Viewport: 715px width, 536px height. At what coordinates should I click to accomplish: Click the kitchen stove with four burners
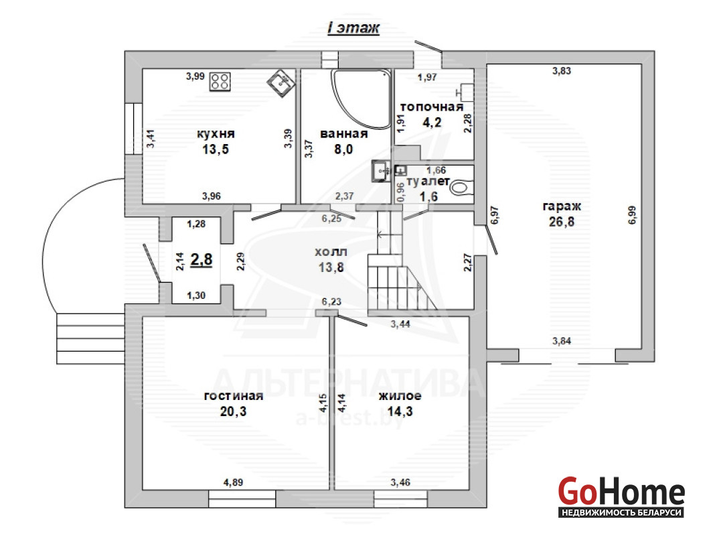tap(220, 81)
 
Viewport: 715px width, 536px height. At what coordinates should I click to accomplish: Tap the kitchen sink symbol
tap(281, 84)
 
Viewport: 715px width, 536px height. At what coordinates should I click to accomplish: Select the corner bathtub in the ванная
tap(361, 98)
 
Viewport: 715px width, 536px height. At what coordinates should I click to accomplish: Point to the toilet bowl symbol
tap(461, 188)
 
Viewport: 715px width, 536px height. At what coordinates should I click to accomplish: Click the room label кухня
tap(216, 133)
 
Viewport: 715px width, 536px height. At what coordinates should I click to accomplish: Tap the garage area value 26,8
tap(561, 222)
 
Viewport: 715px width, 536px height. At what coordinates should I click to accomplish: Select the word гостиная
tap(234, 395)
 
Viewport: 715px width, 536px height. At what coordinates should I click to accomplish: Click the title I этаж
tap(353, 28)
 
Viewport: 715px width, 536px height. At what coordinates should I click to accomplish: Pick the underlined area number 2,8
tap(202, 259)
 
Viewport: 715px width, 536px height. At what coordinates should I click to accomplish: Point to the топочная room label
tap(431, 107)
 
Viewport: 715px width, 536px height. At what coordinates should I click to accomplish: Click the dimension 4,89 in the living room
tap(233, 482)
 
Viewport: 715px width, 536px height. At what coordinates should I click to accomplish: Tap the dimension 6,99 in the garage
tap(632, 215)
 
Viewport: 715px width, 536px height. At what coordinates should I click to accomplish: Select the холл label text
tap(331, 251)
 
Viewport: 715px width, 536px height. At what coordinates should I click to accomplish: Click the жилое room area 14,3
tap(400, 411)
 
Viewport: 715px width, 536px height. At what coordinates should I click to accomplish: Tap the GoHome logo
tap(621, 496)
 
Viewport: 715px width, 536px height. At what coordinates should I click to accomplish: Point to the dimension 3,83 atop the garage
tap(561, 71)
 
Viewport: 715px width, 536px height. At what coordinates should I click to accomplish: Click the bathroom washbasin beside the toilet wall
tap(380, 171)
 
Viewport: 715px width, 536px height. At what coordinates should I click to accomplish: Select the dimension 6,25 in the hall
tap(331, 218)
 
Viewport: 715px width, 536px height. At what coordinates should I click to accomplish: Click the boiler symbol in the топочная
tap(465, 92)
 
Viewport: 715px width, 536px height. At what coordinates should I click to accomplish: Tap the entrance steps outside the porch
tap(90, 338)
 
